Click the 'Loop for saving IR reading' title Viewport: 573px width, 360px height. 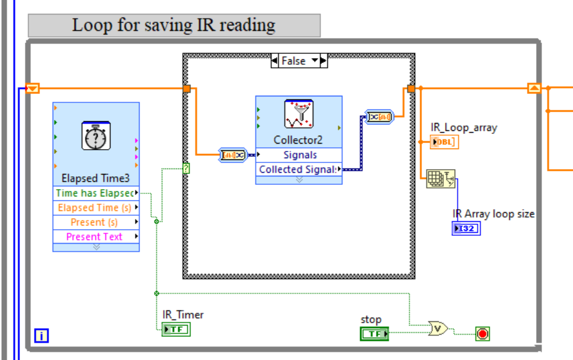pos(173,25)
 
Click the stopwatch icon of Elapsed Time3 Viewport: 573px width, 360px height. pos(96,136)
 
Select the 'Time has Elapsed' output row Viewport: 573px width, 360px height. pos(95,193)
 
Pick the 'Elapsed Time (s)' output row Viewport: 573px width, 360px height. pos(95,208)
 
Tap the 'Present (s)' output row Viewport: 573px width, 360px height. pos(95,222)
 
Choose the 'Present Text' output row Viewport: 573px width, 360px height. pos(95,237)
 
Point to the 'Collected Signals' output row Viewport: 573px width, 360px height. pos(298,170)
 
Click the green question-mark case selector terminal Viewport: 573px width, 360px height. pos(186,168)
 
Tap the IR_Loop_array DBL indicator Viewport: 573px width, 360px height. pos(444,142)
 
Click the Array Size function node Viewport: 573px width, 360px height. pos(440,179)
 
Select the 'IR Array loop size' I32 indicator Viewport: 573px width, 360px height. pos(466,228)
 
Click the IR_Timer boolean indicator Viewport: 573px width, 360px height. pos(176,329)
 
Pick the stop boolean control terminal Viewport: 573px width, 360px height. pos(374,333)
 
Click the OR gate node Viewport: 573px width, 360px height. pos(438,328)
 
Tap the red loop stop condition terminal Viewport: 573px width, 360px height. pos(482,333)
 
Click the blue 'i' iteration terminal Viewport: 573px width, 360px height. pos(41,335)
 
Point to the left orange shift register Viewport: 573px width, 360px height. pos(33,88)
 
